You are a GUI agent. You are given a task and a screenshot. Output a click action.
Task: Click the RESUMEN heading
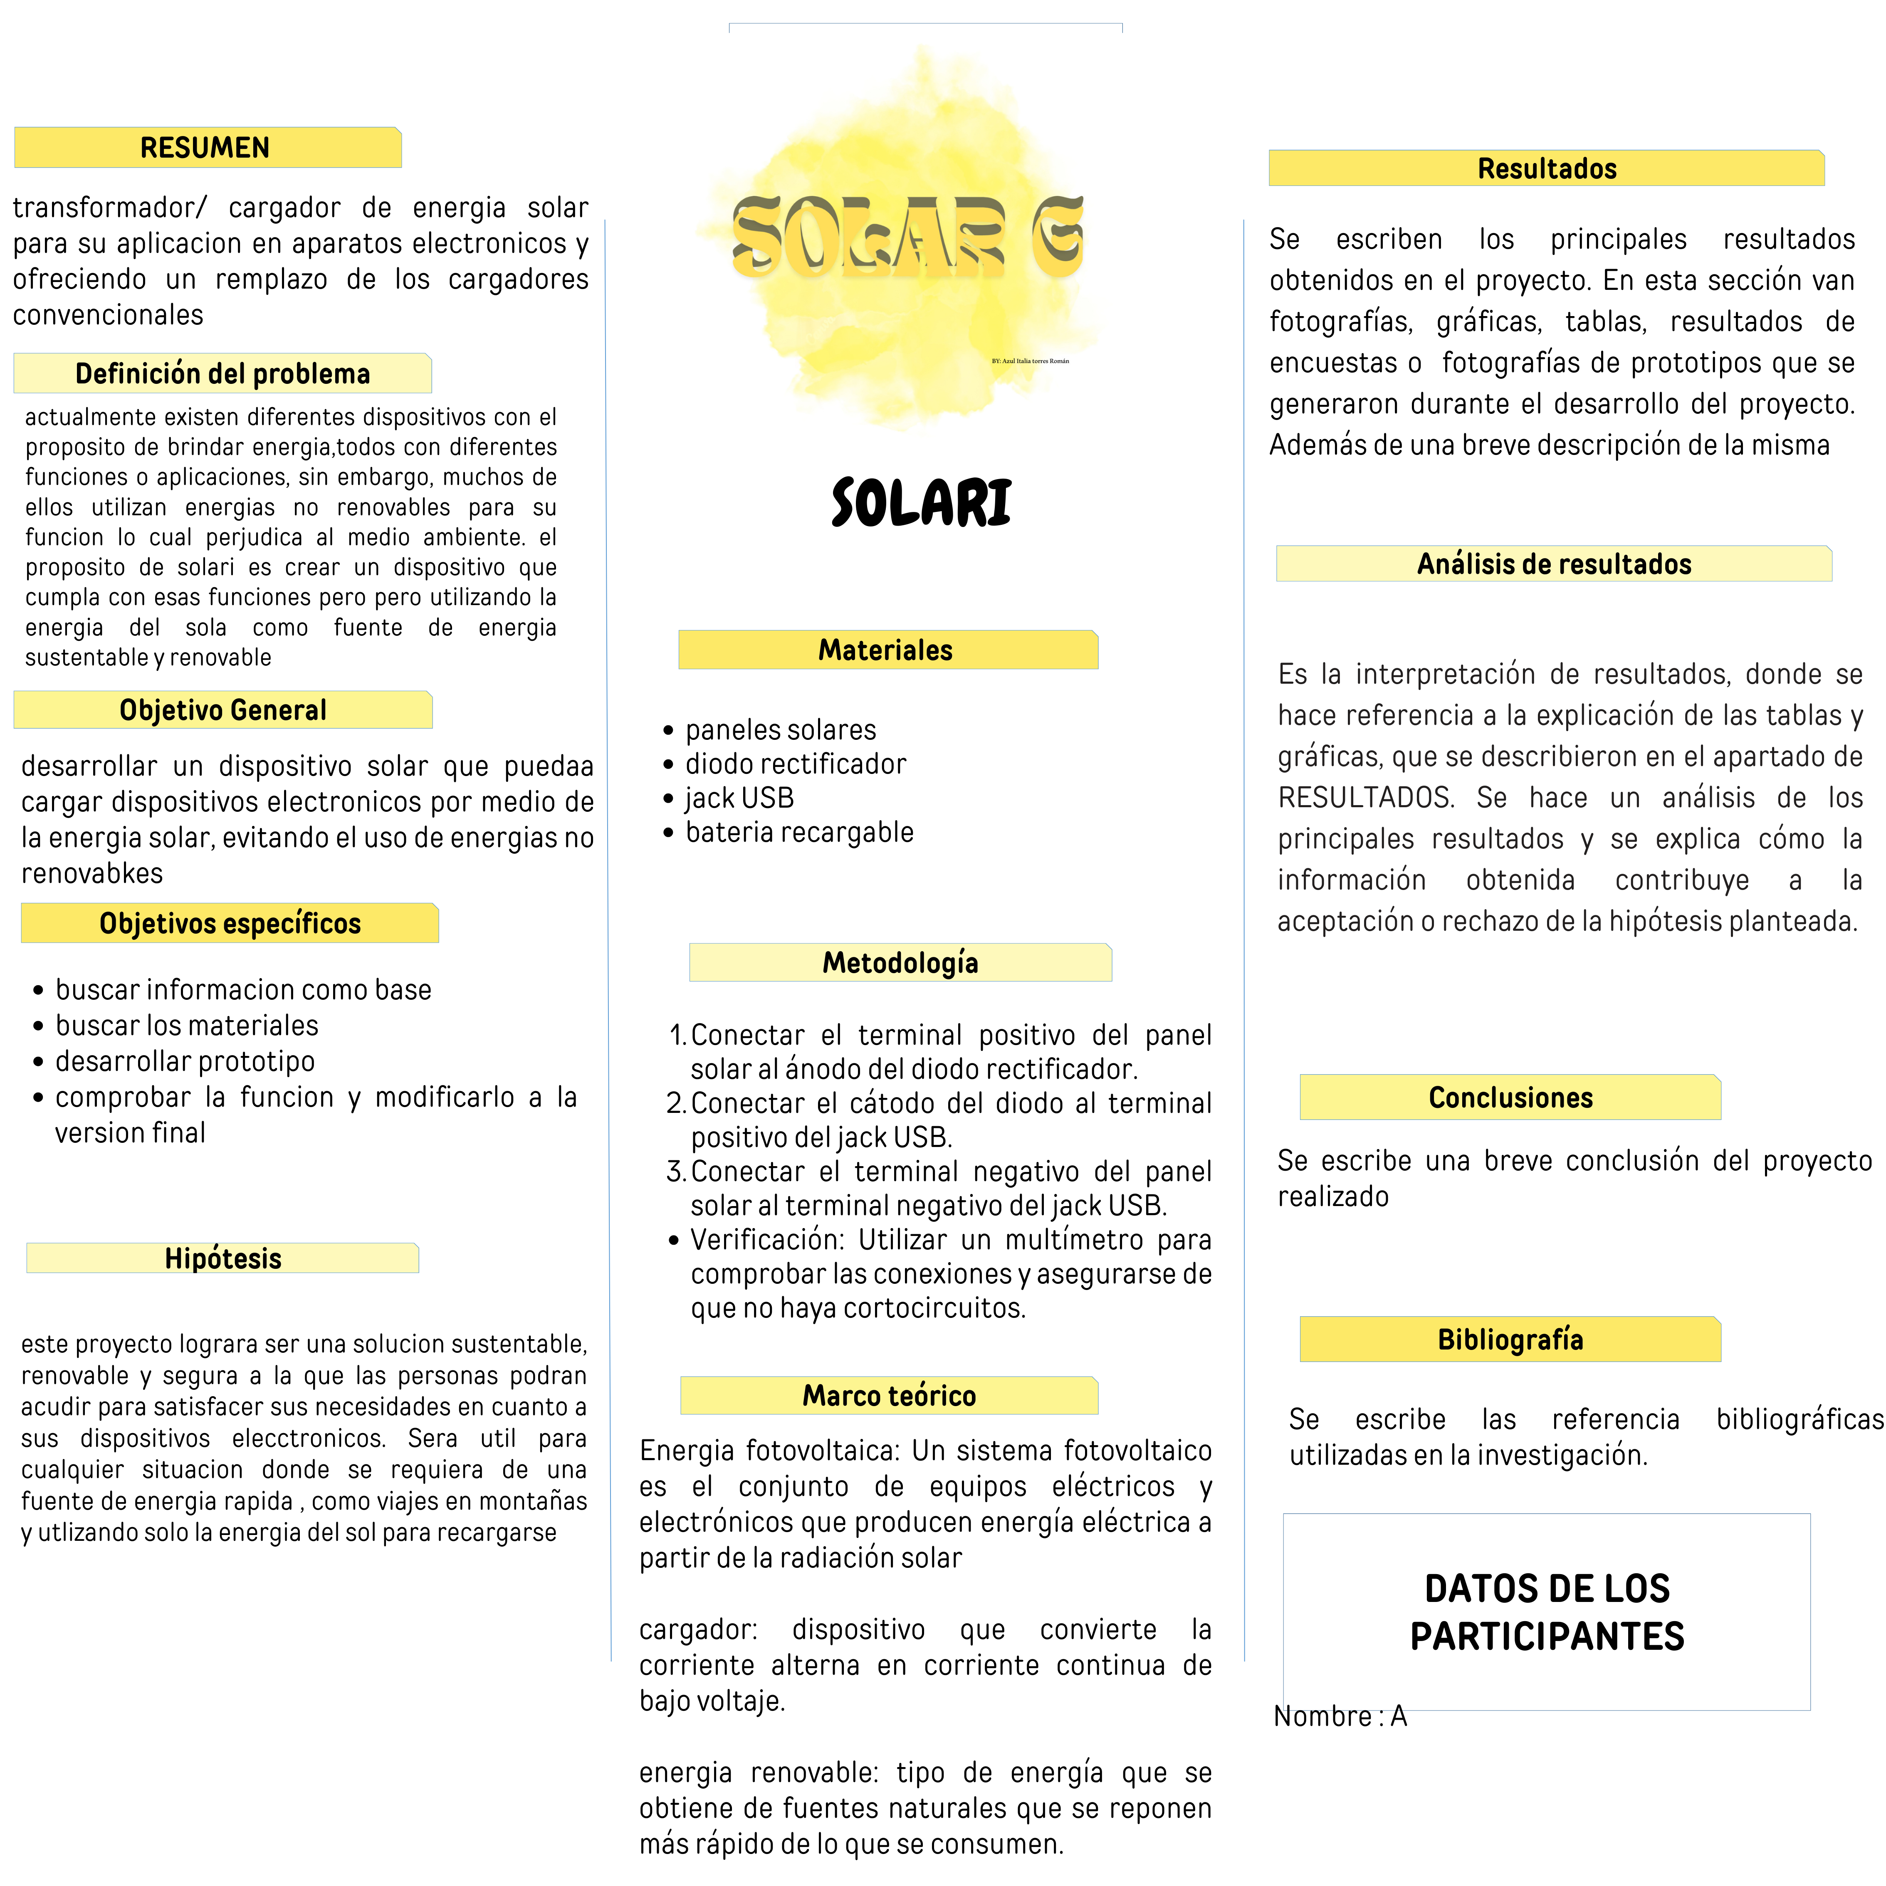click(x=205, y=147)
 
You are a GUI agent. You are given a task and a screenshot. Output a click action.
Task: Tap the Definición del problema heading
click(x=222, y=374)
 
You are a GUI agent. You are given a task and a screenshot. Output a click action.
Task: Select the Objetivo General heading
click(x=222, y=709)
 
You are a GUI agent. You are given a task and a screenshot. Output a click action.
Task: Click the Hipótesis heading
click(x=222, y=1258)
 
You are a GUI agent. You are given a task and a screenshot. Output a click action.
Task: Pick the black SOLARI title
click(x=922, y=503)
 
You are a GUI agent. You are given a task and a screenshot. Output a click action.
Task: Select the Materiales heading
click(x=885, y=650)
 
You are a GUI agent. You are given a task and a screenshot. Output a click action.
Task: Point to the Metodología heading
click(x=900, y=962)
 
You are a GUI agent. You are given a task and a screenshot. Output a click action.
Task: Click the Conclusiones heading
click(x=1510, y=1097)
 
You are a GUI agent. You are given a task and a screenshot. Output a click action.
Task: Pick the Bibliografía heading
click(x=1510, y=1340)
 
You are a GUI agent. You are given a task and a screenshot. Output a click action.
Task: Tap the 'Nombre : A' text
click(x=1340, y=1716)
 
